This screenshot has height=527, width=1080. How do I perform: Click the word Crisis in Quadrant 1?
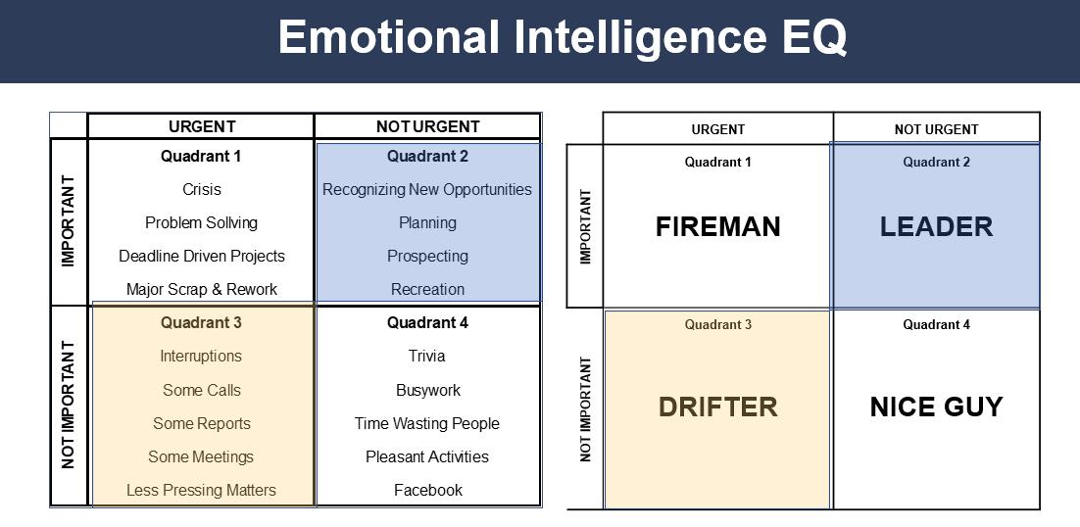[x=202, y=189]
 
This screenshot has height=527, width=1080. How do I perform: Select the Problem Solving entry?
[x=202, y=222]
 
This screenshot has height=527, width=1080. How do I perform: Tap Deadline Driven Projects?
[x=202, y=256]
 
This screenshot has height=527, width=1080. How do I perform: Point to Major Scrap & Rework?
[x=202, y=289]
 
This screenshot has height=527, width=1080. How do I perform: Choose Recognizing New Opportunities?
[x=427, y=189]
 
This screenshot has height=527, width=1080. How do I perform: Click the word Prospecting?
[x=427, y=256]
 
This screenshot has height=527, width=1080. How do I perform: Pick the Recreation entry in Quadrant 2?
[x=427, y=289]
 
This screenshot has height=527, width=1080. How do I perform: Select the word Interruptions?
[x=201, y=356]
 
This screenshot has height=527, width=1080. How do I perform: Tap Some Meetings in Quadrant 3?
[x=201, y=456]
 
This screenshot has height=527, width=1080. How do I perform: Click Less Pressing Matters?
[x=201, y=490]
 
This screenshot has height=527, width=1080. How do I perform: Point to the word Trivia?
[x=427, y=356]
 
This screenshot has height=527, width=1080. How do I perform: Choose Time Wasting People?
[x=427, y=423]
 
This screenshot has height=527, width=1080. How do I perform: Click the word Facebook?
[x=427, y=490]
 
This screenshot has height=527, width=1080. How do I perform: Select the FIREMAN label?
[x=718, y=226]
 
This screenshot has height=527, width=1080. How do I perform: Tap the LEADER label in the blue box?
[x=936, y=226]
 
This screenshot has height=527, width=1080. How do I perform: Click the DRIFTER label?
[x=718, y=407]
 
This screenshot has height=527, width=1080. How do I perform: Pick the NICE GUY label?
[x=936, y=407]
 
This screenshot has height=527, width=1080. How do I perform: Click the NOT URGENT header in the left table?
[x=427, y=126]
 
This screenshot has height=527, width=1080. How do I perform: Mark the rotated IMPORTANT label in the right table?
[x=586, y=226]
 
